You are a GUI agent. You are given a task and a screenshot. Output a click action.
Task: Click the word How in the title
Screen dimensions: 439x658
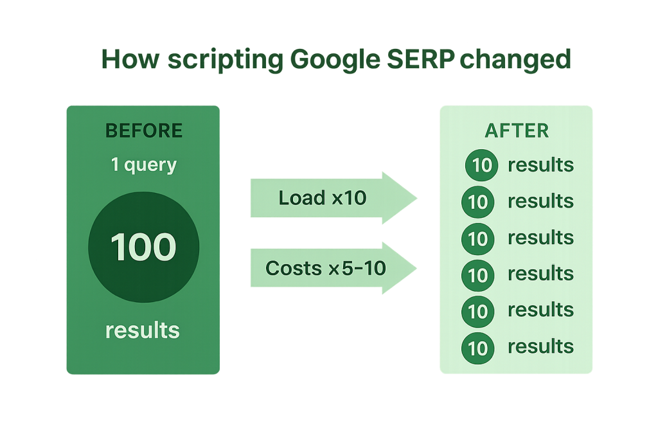coord(130,60)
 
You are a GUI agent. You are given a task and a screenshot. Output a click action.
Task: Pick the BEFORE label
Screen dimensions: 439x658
coord(144,131)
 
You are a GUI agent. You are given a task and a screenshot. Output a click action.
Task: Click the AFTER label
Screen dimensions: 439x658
coord(517,131)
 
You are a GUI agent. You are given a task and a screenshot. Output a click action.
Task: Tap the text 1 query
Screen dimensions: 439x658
coord(144,165)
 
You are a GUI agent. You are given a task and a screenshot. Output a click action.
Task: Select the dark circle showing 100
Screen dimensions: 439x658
coord(143,248)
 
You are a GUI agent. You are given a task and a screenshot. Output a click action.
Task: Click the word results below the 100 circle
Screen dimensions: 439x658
coord(143,330)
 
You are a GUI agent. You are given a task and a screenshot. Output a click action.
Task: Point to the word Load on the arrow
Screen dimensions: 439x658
coord(301,198)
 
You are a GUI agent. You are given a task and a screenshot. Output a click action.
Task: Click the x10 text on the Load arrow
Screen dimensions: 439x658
coord(348,198)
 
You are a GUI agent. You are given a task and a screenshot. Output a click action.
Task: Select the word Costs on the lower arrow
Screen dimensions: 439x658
coord(292,267)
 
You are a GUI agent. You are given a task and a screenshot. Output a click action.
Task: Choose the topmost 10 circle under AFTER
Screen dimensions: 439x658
coord(481,166)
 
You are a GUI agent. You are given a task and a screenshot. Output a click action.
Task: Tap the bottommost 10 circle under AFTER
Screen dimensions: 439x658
coord(478,348)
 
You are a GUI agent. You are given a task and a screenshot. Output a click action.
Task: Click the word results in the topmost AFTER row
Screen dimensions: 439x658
coord(540,165)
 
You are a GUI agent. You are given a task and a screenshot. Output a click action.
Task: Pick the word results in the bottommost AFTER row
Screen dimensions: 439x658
coord(540,346)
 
